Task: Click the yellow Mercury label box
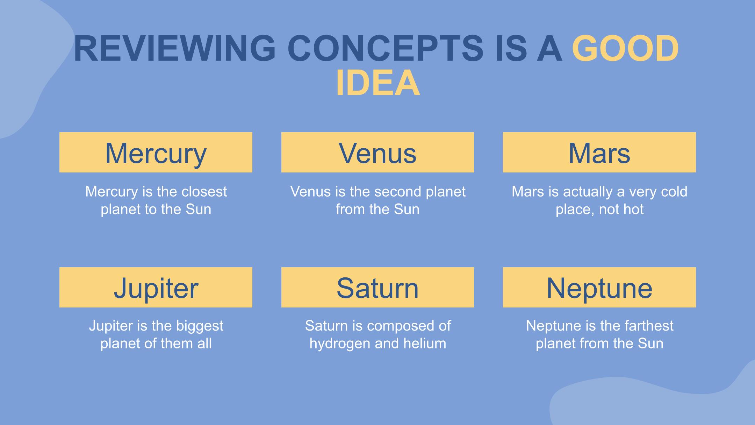(x=156, y=152)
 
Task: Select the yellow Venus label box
(x=377, y=152)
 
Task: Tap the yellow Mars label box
(x=599, y=152)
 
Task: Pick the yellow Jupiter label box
(x=156, y=287)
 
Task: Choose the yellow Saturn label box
(x=377, y=287)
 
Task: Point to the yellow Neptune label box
(x=599, y=287)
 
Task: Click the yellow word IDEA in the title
(x=377, y=83)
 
